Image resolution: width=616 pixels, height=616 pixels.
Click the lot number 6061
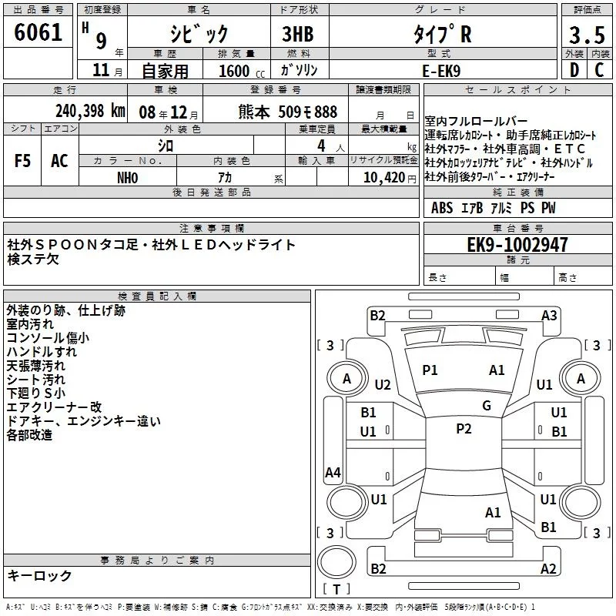click(x=38, y=35)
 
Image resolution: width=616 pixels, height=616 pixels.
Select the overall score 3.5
click(x=587, y=35)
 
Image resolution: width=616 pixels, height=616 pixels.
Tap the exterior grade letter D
click(x=574, y=70)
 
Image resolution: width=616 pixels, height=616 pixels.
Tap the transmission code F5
click(x=22, y=161)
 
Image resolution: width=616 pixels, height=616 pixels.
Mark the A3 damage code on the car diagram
click(x=549, y=315)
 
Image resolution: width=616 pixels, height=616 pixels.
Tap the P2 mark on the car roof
click(x=464, y=429)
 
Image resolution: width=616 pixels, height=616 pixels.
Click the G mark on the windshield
click(x=487, y=406)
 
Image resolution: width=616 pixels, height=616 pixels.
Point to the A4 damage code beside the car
click(x=333, y=473)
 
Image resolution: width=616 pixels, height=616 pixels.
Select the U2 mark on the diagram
click(x=383, y=384)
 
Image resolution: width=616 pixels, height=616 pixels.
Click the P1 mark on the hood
click(x=430, y=370)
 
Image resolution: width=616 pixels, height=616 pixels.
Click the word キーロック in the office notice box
click(x=40, y=575)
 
